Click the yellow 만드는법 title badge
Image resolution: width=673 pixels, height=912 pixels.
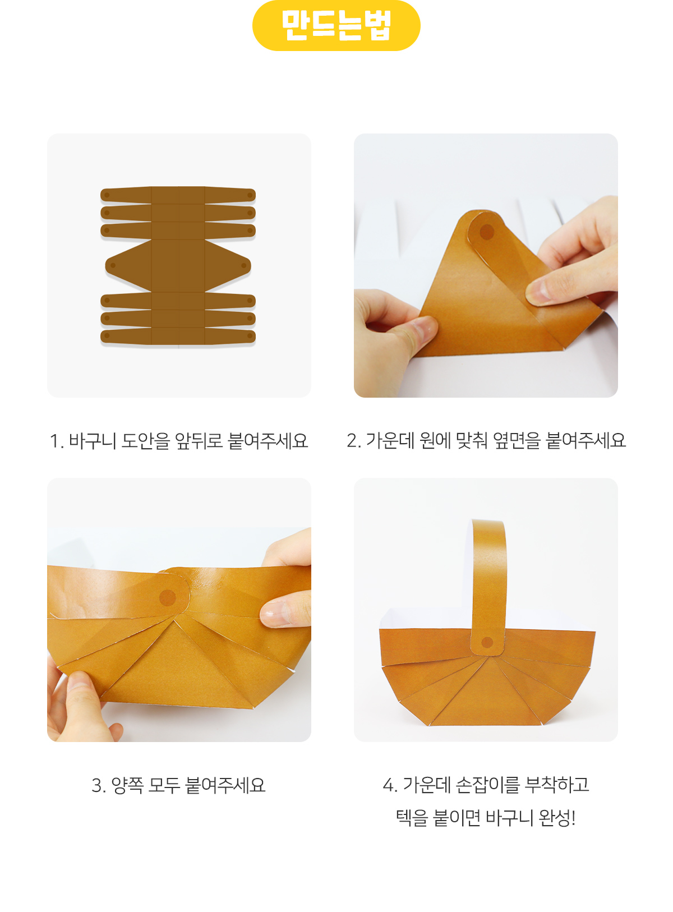click(336, 25)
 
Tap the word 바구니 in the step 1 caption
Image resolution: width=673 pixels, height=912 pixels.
click(93, 440)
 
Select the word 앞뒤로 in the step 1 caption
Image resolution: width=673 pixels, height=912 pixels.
click(199, 440)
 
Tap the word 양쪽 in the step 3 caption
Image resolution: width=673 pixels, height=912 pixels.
click(127, 785)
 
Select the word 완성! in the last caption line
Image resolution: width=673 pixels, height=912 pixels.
click(557, 817)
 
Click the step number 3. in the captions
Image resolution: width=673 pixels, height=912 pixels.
click(99, 785)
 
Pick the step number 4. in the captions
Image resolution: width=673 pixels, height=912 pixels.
click(390, 785)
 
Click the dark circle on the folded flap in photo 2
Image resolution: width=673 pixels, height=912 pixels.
click(486, 232)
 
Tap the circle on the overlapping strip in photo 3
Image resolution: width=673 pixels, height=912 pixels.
click(167, 597)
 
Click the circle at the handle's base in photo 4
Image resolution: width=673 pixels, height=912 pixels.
click(487, 642)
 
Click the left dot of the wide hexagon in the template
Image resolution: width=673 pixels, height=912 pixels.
click(113, 265)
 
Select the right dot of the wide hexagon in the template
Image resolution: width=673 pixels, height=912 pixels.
click(243, 265)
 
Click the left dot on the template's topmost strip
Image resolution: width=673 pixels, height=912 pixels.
click(107, 195)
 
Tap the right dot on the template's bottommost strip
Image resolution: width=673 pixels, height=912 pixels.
click(250, 335)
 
